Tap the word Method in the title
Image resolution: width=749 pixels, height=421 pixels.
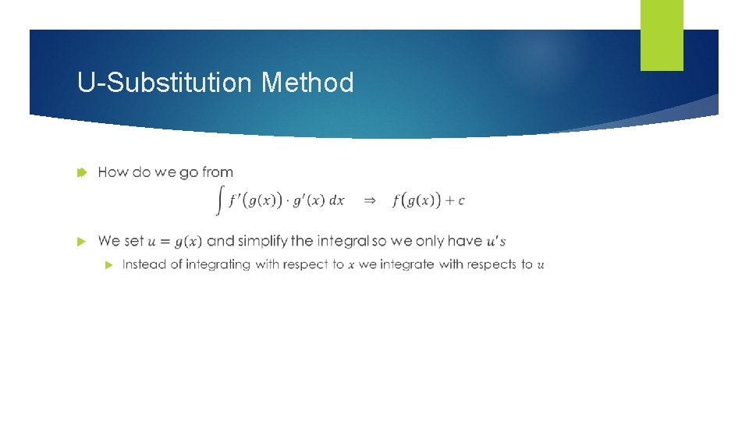click(x=307, y=82)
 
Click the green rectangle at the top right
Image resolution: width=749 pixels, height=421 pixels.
click(x=662, y=35)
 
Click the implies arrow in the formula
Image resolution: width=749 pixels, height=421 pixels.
click(x=370, y=201)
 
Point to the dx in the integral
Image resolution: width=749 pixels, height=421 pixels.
click(x=336, y=200)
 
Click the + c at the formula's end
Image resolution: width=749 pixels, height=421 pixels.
click(x=456, y=200)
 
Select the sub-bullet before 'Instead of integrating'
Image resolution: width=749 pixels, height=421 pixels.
click(x=108, y=265)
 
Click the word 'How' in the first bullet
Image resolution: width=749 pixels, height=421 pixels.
click(x=113, y=172)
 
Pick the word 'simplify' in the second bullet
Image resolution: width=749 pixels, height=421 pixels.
click(x=263, y=241)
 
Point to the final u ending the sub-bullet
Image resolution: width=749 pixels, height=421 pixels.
click(x=541, y=265)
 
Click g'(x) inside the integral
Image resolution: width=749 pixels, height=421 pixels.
click(x=307, y=200)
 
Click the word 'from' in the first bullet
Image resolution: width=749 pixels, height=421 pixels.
click(x=218, y=172)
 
